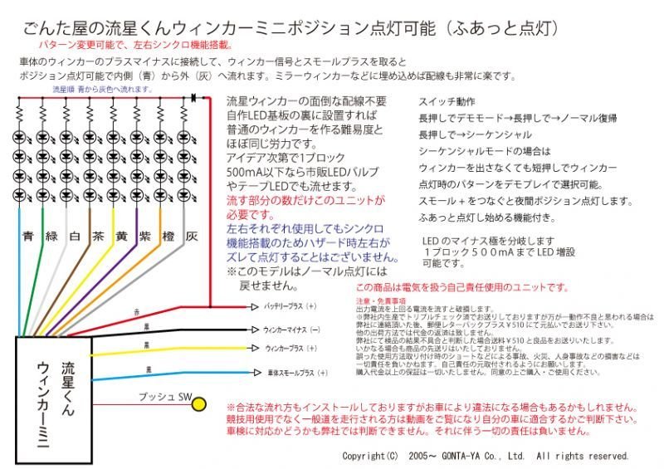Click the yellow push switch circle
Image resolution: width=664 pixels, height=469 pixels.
coord(199,404)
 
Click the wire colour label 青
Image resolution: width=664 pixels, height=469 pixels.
coord(29,236)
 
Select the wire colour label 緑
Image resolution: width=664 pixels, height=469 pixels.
coord(52,236)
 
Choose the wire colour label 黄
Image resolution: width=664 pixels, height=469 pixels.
coord(122,236)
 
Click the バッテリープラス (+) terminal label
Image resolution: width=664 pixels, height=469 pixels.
coord(290,306)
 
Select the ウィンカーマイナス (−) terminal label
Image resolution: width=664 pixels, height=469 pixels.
coord(291,330)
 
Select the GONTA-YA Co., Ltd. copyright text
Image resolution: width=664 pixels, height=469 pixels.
coord(486,456)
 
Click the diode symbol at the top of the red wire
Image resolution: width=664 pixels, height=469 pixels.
coord(193,98)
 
